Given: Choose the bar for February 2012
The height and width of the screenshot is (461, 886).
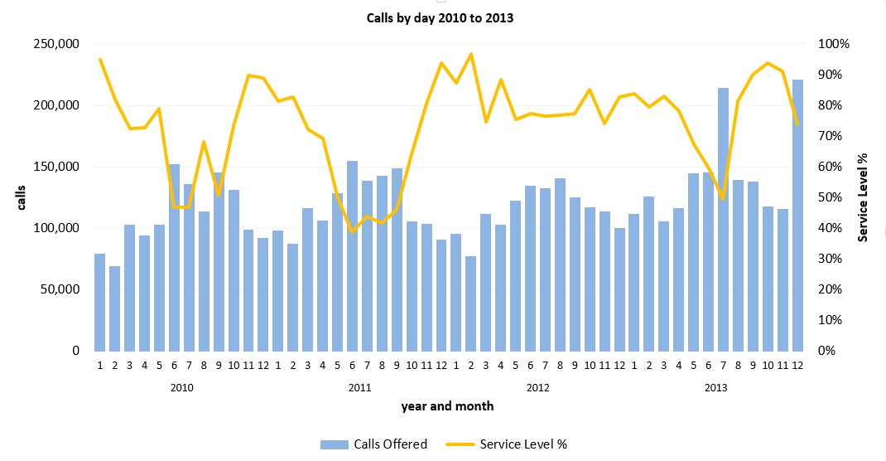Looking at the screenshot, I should click(x=470, y=303).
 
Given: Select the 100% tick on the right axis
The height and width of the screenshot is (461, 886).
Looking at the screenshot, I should click(x=834, y=44).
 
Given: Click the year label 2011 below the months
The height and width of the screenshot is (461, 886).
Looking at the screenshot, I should click(x=359, y=387).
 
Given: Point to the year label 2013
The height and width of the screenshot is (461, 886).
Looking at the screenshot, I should click(x=716, y=387).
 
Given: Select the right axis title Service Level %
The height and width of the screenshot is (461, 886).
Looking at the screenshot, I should click(x=863, y=197).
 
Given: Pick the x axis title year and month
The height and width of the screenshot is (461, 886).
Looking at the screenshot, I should click(x=447, y=406).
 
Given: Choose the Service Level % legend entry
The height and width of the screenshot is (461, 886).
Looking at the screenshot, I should click(x=523, y=444).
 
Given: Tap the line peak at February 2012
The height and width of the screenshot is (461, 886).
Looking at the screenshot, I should click(x=470, y=54).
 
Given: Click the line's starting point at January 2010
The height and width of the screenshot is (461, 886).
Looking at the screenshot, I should click(x=100, y=60).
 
